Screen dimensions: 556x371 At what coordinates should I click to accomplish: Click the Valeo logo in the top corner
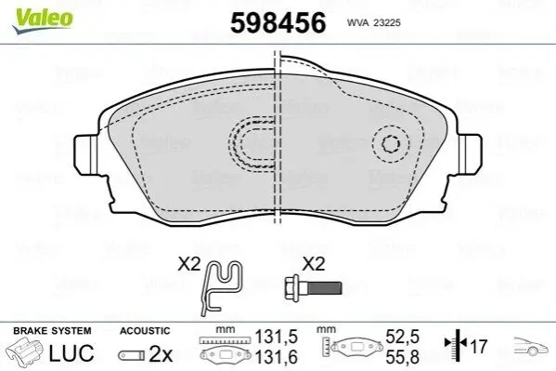pyautogui.click(x=43, y=20)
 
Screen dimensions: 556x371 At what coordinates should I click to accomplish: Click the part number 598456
pyautogui.click(x=278, y=22)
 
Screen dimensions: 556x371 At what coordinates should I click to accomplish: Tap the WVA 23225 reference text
pyautogui.click(x=374, y=23)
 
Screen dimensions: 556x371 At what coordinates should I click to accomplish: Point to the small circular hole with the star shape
pyautogui.click(x=391, y=144)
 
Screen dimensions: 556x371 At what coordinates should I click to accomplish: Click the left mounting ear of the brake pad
pyautogui.click(x=86, y=154)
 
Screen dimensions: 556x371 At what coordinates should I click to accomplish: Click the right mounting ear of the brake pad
pyautogui.click(x=469, y=154)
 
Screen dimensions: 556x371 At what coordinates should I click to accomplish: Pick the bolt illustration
pyautogui.click(x=313, y=287)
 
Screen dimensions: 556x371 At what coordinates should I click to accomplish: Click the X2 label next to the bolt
pyautogui.click(x=313, y=264)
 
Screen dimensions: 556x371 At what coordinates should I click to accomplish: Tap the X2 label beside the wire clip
pyautogui.click(x=189, y=264)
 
